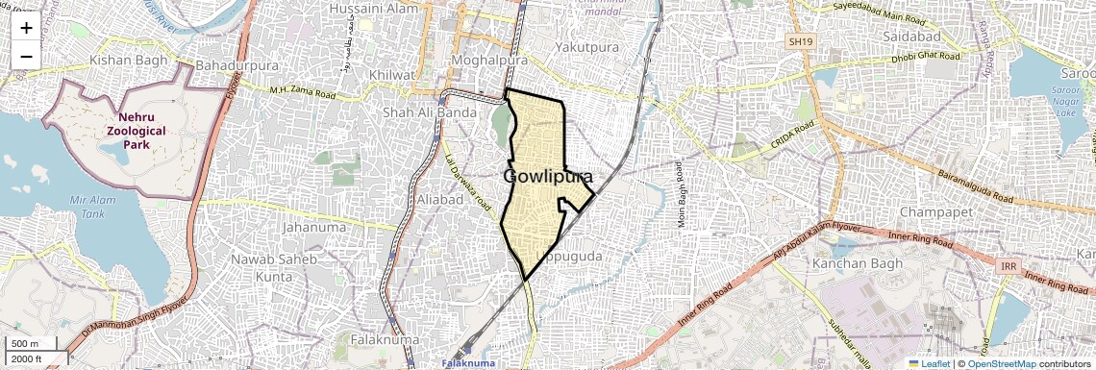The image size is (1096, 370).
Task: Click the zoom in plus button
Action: [x=26, y=27]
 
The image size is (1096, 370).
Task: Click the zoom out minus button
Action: [x=26, y=56]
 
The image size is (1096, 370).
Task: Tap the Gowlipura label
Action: [x=547, y=178]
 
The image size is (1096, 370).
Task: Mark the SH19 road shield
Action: [x=800, y=42]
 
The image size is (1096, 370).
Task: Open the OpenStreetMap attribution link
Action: [x=1001, y=363]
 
